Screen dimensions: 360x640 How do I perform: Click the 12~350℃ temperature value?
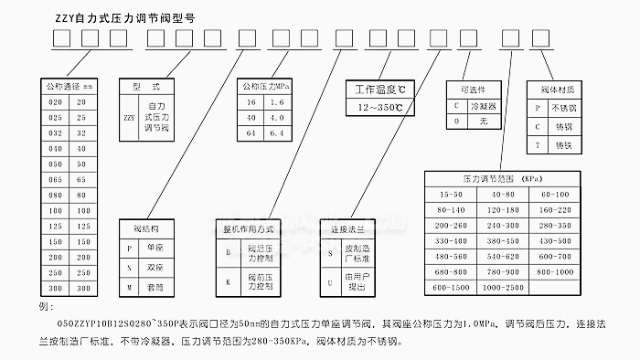[x=379, y=107]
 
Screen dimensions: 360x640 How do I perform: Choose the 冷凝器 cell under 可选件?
[x=476, y=106]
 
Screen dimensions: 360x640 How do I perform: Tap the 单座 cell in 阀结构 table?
[x=147, y=248]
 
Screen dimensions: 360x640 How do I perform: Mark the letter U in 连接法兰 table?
[x=332, y=281]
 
